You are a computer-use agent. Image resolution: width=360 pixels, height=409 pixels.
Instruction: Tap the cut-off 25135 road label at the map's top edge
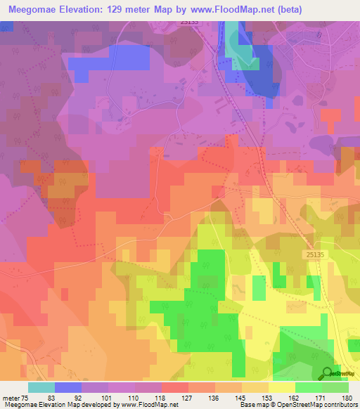(189, 22)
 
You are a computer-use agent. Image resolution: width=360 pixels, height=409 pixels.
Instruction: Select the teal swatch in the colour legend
(41, 387)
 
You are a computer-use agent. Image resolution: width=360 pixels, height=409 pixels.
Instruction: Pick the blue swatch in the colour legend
(67, 387)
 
